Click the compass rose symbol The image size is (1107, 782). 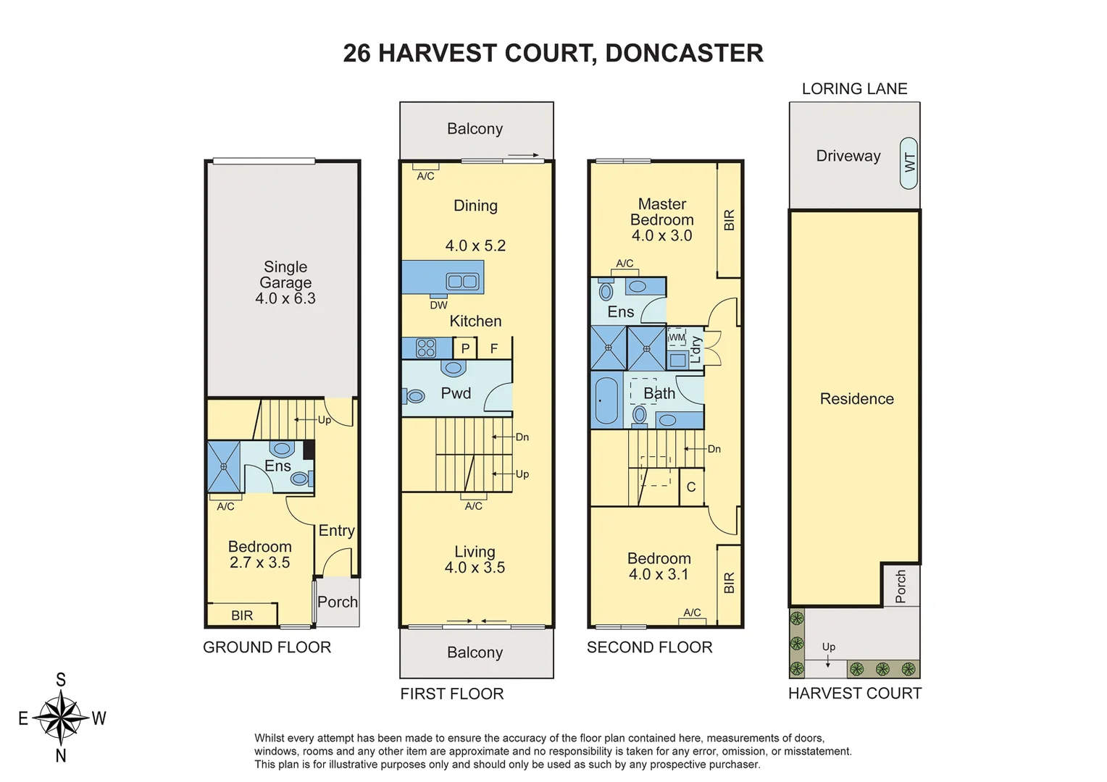tap(61, 718)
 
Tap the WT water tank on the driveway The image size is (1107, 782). tap(908, 163)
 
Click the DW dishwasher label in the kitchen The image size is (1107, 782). tap(438, 305)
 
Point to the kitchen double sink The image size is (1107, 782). tap(462, 281)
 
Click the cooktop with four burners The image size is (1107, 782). tap(425, 348)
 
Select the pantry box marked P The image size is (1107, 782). tap(465, 348)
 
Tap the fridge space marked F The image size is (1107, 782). tap(494, 348)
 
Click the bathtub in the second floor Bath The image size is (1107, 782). tap(606, 400)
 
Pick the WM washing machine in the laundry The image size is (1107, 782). tap(676, 337)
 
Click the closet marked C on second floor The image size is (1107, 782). tap(691, 487)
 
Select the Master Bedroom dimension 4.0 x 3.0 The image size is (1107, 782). tap(661, 235)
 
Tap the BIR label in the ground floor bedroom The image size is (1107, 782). tap(242, 615)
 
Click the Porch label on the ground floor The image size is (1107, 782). tap(338, 602)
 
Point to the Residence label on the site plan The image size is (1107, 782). tap(856, 398)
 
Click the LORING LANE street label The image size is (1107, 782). tap(854, 88)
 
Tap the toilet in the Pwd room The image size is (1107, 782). tap(414, 396)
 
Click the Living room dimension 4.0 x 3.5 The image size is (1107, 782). tap(475, 568)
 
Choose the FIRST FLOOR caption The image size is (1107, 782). tap(451, 694)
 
